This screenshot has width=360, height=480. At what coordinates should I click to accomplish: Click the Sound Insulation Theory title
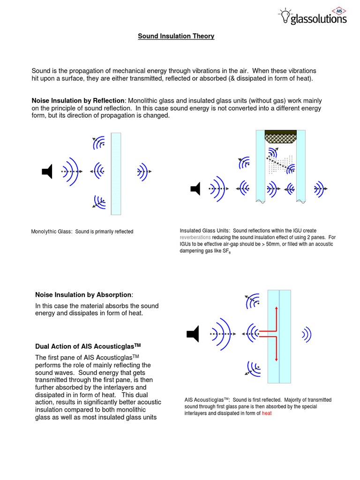[x=176, y=36]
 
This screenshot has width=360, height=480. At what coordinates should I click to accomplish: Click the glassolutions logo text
[x=318, y=19]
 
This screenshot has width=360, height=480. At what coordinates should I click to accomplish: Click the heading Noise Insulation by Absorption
[x=83, y=295]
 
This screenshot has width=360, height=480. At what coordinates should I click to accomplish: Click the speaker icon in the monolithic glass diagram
[x=47, y=172]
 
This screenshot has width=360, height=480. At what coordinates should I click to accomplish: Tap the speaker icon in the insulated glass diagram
[x=195, y=189]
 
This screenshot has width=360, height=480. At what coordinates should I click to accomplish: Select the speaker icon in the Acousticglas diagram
[x=193, y=334]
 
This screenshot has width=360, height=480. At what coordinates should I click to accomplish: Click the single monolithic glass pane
[x=116, y=173]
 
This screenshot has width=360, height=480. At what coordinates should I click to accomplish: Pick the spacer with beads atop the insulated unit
[x=280, y=136]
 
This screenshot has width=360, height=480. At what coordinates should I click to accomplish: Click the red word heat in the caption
[x=267, y=413]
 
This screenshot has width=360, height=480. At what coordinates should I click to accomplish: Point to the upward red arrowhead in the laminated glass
[x=277, y=309]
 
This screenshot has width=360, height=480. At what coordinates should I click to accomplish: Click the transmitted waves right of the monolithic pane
[x=142, y=172]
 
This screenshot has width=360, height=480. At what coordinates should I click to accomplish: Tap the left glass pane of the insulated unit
[x=260, y=164]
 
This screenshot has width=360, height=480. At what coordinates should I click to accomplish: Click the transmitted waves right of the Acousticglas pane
[x=307, y=334]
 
